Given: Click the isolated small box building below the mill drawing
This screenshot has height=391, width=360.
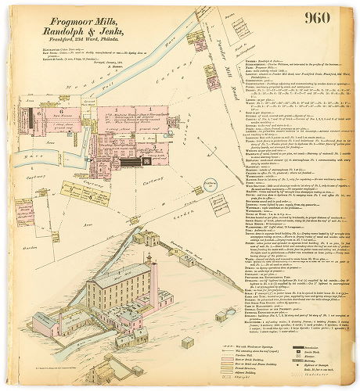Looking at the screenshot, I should [188, 343].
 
